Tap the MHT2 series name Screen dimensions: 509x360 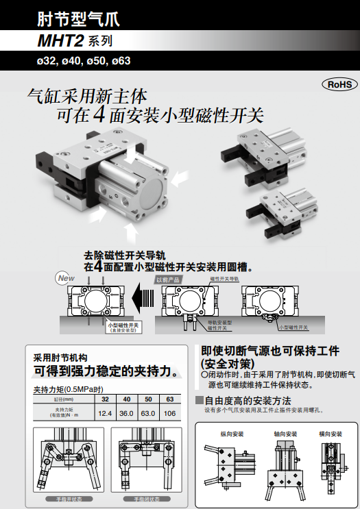pos(60,40)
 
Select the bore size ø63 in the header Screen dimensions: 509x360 pos(119,60)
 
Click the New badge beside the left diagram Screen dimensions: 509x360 pos(65,279)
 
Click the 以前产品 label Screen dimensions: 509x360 pos(168,280)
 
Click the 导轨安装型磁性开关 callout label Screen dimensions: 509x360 pos(220,325)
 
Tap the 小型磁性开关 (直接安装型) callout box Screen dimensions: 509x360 pos(123,327)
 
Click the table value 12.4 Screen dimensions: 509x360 pos(105,413)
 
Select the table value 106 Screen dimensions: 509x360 pos(169,413)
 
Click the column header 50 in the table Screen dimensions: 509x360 pos(147,399)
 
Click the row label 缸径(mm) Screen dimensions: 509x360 pos(63,399)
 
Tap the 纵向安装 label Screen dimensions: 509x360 pos(231,434)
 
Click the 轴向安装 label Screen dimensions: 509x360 pos(285,434)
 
